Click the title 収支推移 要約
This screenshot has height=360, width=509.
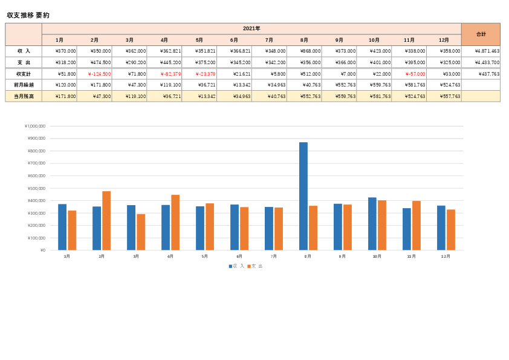click(28, 15)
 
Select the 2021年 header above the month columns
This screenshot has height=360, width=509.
click(251, 28)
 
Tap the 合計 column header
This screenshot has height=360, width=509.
click(481, 34)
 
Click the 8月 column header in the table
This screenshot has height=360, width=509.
click(304, 40)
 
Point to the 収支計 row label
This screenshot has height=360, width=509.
click(24, 74)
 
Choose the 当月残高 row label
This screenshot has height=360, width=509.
click(24, 96)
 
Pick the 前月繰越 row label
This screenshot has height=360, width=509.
click(24, 85)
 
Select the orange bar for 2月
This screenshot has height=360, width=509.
click(106, 221)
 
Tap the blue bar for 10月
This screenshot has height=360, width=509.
click(372, 224)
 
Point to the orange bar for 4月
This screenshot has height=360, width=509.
click(175, 223)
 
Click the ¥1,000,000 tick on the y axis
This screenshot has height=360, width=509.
click(35, 126)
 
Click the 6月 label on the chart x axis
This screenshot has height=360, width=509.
click(239, 257)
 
